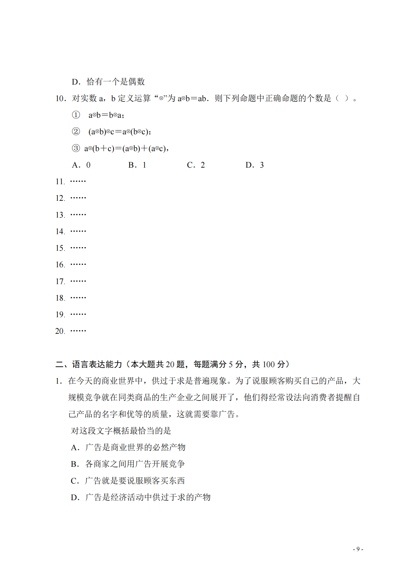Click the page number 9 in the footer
pos(358,549)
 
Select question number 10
pos(60,98)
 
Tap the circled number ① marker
pos(76,115)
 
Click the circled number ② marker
pos(76,132)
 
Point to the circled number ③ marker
pos(76,148)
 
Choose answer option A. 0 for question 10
pos(81,165)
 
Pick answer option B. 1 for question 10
pos(137,165)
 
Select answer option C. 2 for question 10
pos(196,165)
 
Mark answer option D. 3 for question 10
pos(254,165)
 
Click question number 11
pos(60,181)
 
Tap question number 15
pos(60,248)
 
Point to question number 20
pos(60,331)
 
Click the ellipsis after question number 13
pos(78,215)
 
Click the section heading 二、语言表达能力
pos(88,364)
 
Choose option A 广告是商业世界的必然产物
pos(128,447)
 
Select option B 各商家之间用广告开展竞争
pos(128,464)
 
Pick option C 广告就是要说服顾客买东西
pos(128,480)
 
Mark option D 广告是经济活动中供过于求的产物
pos(140,497)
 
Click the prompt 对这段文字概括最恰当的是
pos(121,431)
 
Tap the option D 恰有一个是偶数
pos(108,82)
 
